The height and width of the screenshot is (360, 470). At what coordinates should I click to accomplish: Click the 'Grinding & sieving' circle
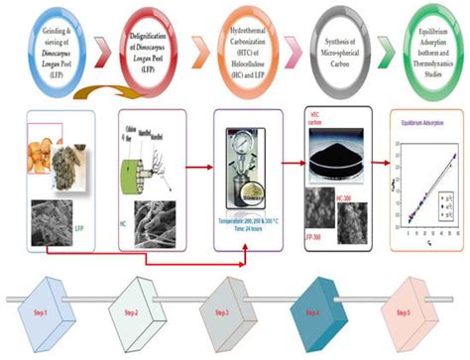[x=43, y=44]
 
